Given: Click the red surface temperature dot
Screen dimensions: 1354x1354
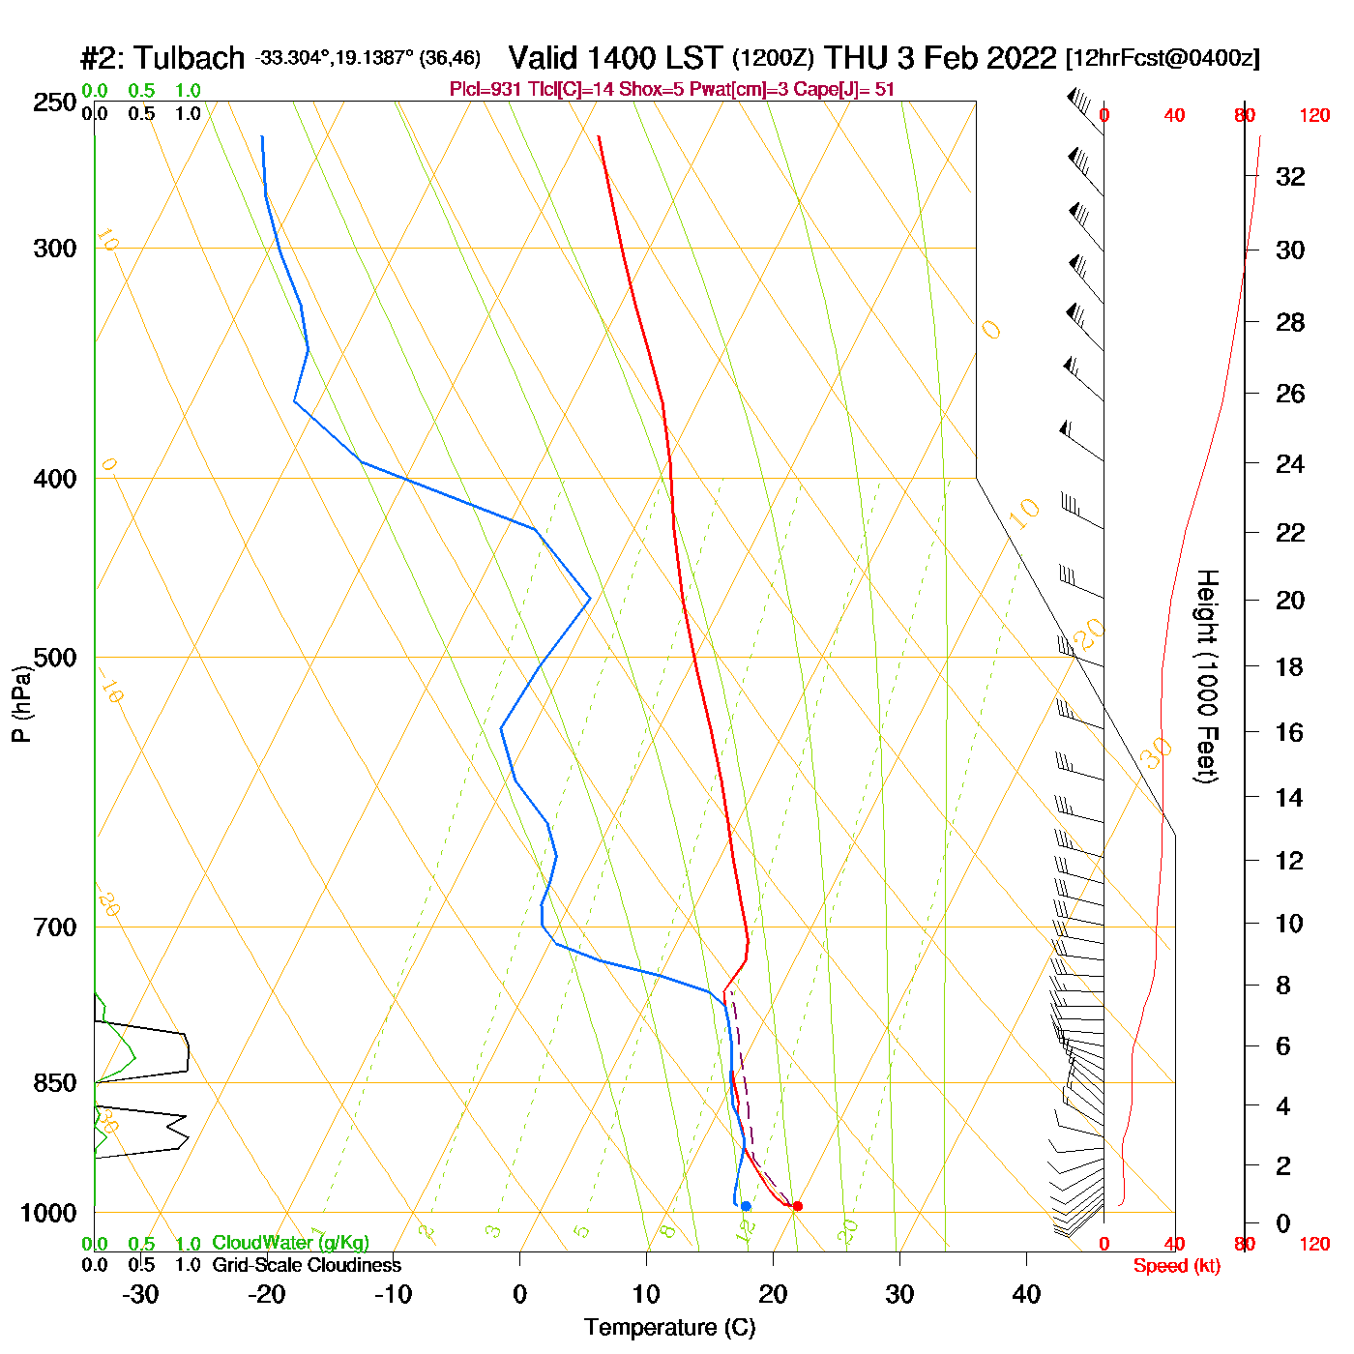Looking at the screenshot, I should click(797, 1206).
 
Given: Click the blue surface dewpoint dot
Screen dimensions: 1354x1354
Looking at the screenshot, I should click(746, 1206).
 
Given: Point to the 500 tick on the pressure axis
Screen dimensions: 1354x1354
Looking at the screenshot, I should click(55, 658).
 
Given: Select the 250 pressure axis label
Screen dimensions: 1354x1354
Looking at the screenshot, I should click(55, 103).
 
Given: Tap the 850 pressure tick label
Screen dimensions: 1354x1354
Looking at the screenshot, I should click(55, 1083).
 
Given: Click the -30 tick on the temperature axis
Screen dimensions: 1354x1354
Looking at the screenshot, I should click(141, 1294).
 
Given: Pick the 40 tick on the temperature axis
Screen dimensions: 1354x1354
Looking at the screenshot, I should click(1026, 1294).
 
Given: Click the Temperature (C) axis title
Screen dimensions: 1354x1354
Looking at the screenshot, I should click(669, 1328).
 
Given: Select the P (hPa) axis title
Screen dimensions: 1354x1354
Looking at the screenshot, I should click(21, 703).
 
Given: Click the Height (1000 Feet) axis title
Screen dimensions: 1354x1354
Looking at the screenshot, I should click(1207, 676).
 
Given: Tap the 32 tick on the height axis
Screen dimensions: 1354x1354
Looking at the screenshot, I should click(1290, 176).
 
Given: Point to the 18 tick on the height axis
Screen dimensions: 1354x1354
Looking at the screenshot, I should click(1290, 666).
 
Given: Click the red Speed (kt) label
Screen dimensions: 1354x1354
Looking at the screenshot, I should click(1176, 1266).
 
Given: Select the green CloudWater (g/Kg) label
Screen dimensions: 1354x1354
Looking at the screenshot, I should click(290, 1243).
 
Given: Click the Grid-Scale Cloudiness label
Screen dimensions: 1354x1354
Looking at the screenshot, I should click(307, 1265).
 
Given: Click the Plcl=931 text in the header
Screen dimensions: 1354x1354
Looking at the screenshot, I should click(486, 90).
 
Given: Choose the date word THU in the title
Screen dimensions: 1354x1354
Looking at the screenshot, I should click(856, 58).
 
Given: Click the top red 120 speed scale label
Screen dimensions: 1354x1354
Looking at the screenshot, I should click(1314, 116).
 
